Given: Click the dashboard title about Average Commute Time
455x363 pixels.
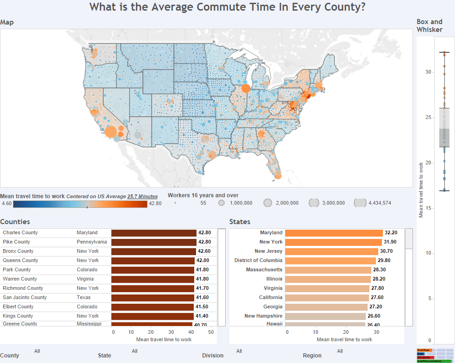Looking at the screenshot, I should [x=227, y=7].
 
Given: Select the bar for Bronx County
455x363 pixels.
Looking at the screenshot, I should [x=154, y=251].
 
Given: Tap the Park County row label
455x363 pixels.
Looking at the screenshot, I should [x=17, y=269].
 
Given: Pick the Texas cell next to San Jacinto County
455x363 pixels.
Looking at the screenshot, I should [x=84, y=297].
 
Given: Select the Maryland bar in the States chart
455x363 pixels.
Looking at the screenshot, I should [x=333, y=232].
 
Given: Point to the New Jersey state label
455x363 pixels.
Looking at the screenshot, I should [x=268, y=251].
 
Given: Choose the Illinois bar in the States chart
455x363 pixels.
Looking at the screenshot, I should [x=328, y=279].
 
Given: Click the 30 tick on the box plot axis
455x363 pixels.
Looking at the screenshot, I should [x=428, y=72].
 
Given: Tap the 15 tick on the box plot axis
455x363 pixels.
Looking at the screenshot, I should [x=428, y=208].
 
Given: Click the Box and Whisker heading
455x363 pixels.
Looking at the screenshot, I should [x=429, y=25].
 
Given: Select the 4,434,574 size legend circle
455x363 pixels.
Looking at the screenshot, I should [x=360, y=203].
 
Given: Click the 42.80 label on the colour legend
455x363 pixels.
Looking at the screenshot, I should [x=155, y=203].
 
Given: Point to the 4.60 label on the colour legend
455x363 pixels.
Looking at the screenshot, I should [x=6, y=203].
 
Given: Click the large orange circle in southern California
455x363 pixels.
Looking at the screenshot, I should [x=111, y=131].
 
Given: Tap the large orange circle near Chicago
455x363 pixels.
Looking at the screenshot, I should [x=246, y=88].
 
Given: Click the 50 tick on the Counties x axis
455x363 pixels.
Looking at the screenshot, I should [x=211, y=332].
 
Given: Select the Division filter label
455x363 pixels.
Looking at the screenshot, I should [x=213, y=356].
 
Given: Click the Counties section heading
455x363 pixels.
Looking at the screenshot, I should [x=15, y=222].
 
